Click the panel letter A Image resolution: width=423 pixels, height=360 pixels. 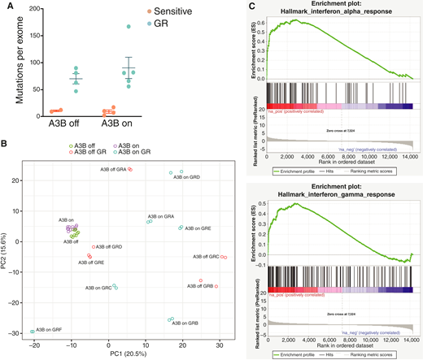[x=5, y=6]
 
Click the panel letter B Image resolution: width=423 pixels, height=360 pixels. [x=5, y=145]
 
